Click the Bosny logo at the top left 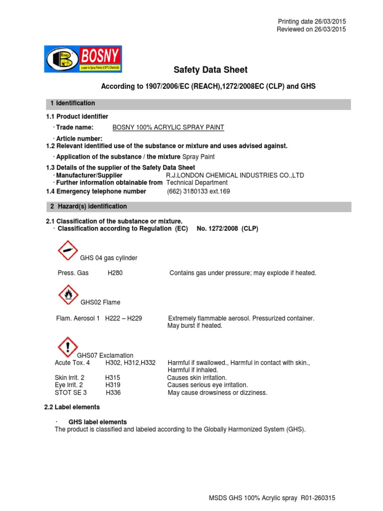[x=82, y=59]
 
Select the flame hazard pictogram [x=68, y=295]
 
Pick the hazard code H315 [x=113, y=378]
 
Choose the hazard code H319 [x=113, y=385]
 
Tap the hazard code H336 [x=113, y=393]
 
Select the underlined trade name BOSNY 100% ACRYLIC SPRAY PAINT [x=168, y=128]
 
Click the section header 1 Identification [x=72, y=103]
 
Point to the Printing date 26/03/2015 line [x=311, y=21]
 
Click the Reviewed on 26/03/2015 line [x=311, y=29]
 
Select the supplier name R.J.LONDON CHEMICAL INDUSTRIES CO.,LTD [x=234, y=176]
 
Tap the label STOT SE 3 [x=70, y=393]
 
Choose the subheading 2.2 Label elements [x=72, y=407]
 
